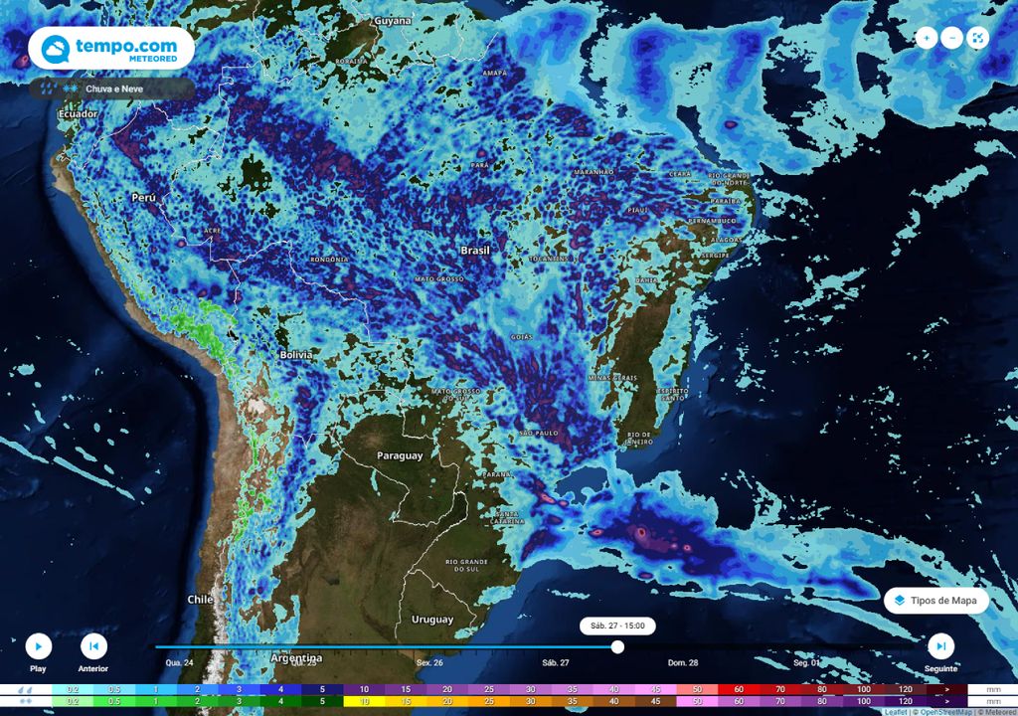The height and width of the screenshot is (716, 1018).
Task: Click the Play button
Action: [x=38, y=646]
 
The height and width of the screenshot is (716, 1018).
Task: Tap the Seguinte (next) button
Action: [x=940, y=646]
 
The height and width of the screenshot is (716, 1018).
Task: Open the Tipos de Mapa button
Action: [x=935, y=601]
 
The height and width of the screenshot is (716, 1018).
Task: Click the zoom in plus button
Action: [x=927, y=38]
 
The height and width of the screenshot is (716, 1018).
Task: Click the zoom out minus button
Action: [x=952, y=38]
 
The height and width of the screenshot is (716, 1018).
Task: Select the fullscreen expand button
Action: [x=978, y=38]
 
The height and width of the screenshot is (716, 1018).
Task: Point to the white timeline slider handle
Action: [x=617, y=646]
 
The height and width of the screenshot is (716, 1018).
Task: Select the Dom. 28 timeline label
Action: [x=682, y=662]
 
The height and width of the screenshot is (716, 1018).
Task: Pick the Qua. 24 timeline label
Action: [x=179, y=662]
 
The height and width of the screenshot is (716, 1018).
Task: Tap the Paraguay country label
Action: [x=400, y=455]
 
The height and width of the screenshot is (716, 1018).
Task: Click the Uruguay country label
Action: [x=432, y=620]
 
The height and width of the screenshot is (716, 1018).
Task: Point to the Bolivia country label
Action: [x=295, y=355]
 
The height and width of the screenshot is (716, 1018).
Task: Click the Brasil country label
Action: [x=475, y=251]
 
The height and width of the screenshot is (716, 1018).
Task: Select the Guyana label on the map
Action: [x=393, y=20]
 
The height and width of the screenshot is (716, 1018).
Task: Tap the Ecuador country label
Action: [x=79, y=114]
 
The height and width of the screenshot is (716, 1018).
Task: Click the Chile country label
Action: [x=201, y=600]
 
